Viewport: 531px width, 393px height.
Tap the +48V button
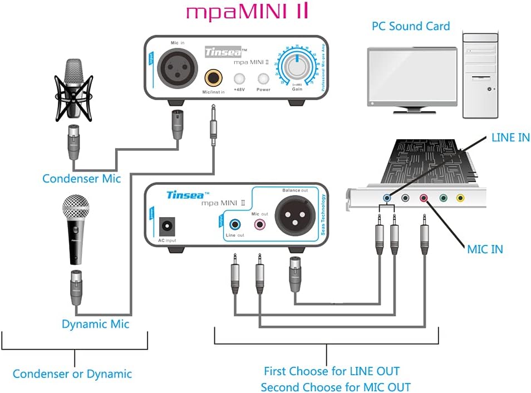(x=240, y=78)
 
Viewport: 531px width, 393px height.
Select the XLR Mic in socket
(x=177, y=69)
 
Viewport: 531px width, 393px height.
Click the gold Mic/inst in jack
(x=213, y=76)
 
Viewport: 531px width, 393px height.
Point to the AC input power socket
(x=166, y=227)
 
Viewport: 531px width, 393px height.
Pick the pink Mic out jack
(x=259, y=225)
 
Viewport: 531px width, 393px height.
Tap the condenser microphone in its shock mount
(x=74, y=89)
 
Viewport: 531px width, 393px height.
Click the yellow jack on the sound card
(x=460, y=197)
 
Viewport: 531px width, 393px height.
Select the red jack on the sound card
(x=424, y=197)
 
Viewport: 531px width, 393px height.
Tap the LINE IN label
(x=510, y=137)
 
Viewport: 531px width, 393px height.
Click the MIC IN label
(x=485, y=249)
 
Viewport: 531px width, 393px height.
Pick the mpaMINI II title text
(x=247, y=12)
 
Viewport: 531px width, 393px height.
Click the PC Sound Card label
(x=411, y=26)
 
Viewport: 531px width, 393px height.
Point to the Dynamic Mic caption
(x=95, y=324)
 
